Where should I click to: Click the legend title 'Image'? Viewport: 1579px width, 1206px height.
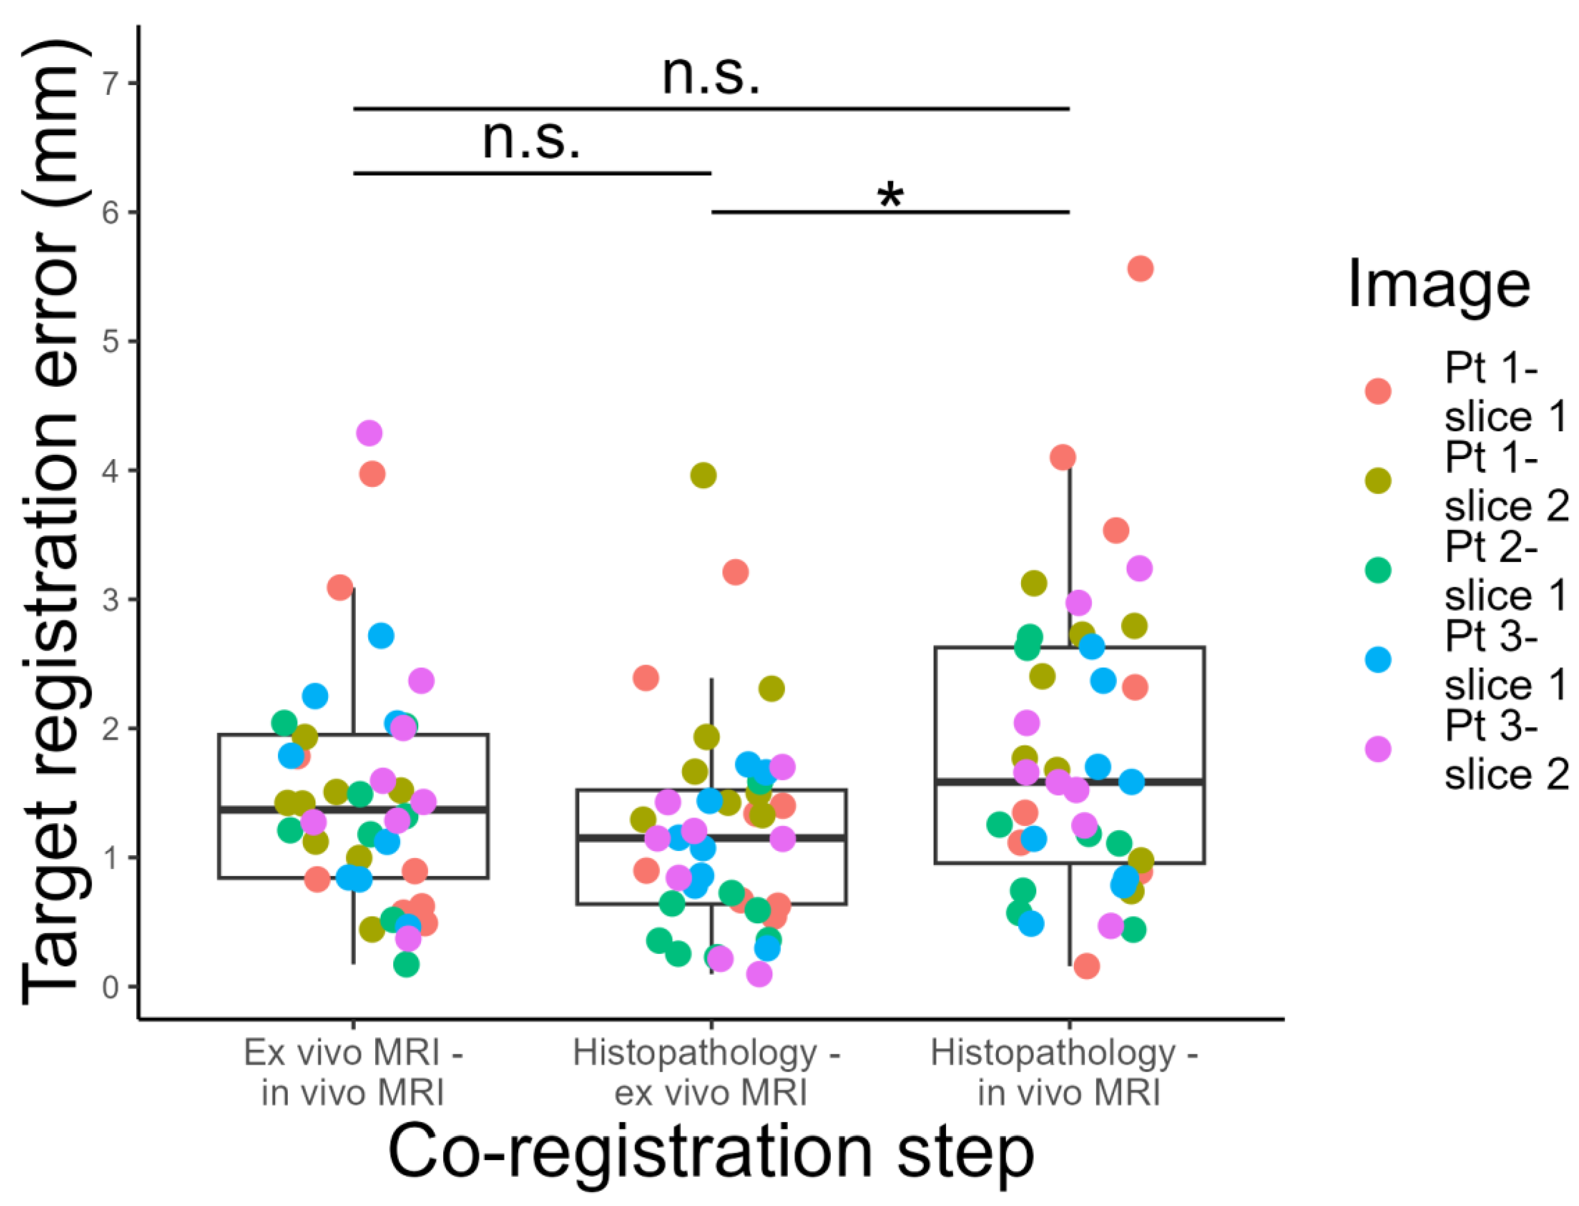(x=1439, y=285)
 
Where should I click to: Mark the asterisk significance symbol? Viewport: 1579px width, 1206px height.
(x=890, y=195)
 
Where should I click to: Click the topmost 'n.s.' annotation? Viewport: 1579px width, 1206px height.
(x=711, y=75)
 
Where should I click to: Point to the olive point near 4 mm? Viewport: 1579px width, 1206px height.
(x=703, y=475)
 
